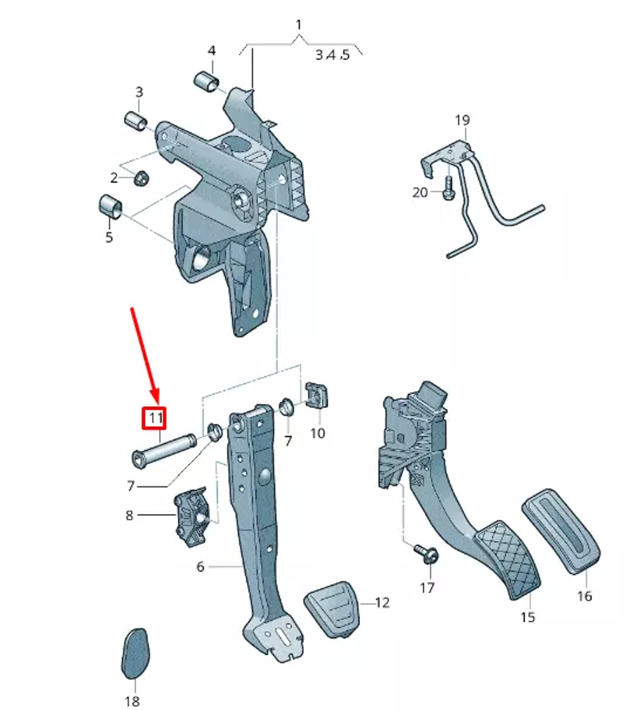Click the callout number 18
(x=132, y=701)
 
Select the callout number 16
(x=584, y=596)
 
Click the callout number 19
(x=462, y=119)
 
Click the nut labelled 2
(x=142, y=178)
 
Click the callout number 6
(x=201, y=566)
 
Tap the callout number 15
(x=528, y=617)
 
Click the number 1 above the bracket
(x=298, y=25)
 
